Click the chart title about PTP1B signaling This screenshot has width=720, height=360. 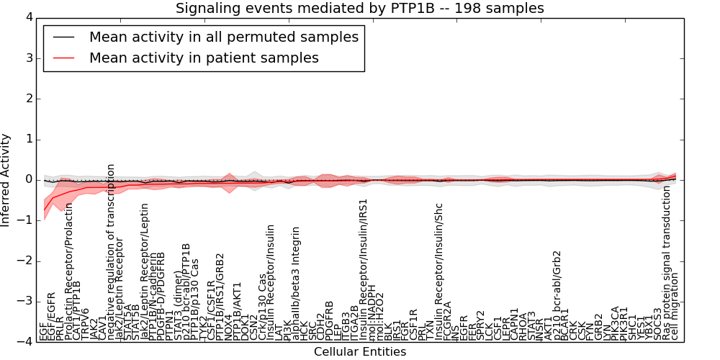360,8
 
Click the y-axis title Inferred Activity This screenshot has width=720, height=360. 6,179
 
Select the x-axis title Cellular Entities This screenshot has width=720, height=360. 360,352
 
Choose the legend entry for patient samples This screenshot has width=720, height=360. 204,58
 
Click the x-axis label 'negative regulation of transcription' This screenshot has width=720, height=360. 111,251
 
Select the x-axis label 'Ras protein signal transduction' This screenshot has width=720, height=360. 666,262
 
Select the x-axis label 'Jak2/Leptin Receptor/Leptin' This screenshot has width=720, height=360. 144,281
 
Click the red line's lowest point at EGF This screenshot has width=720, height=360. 45,210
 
